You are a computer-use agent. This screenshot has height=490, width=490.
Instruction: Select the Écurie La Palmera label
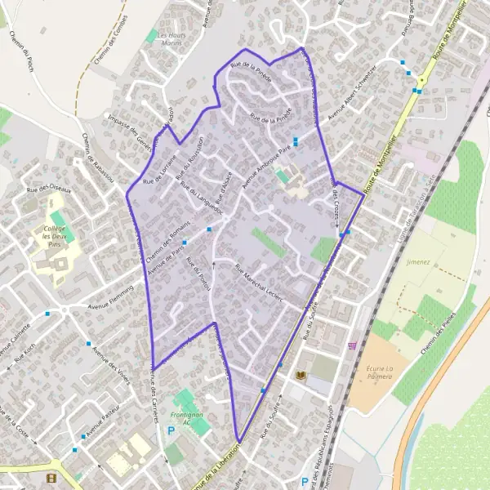click(378, 372)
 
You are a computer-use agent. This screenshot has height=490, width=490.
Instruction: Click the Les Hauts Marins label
click(171, 40)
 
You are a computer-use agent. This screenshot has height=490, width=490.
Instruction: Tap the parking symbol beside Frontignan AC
click(171, 430)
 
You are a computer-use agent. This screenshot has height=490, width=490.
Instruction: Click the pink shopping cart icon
click(353, 345)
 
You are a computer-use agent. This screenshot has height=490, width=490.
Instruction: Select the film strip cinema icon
click(52, 479)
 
